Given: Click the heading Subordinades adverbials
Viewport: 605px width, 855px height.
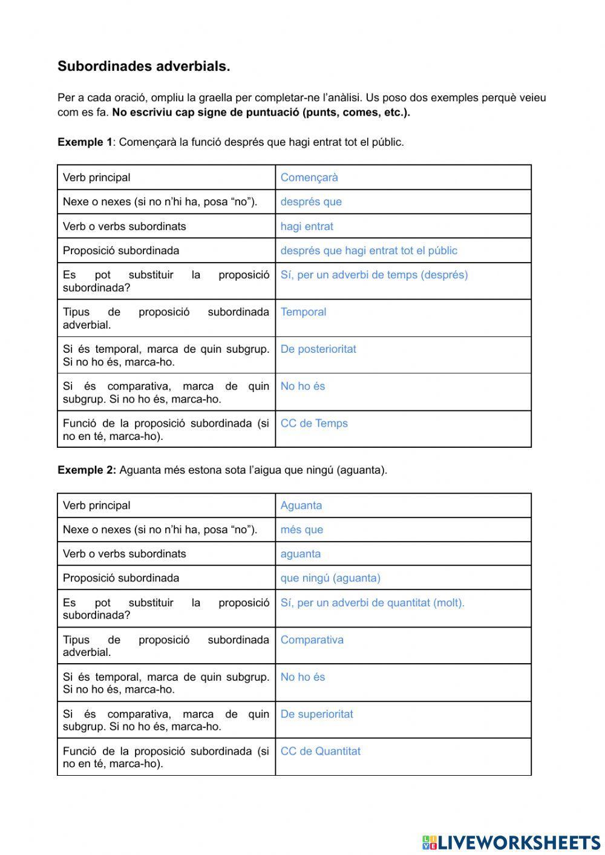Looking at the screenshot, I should tap(143, 67).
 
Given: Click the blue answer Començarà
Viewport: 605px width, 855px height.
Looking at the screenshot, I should tap(309, 177).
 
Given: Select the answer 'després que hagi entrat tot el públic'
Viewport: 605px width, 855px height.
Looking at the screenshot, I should tap(368, 251).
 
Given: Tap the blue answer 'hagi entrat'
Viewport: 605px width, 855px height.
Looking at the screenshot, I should tap(307, 226).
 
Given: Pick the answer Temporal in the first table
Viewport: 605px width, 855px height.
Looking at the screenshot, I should tap(303, 312).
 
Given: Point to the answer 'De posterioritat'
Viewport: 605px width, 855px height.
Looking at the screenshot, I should tap(318, 349).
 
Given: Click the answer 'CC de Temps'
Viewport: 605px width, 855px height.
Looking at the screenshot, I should tap(314, 424).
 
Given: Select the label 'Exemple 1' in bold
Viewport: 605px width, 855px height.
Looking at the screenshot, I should tap(85, 142).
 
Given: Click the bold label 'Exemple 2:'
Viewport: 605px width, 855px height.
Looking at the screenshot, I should tap(87, 470).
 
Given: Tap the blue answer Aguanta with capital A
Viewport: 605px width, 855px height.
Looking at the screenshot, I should tap(301, 505).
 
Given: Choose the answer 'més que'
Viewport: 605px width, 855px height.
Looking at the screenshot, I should tap(301, 529).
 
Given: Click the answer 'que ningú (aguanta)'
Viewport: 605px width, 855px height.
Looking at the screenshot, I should tap(330, 578).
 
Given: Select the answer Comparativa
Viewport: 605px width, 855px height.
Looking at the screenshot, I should tap(312, 640).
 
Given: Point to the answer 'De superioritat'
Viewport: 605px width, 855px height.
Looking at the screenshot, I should tap(316, 714).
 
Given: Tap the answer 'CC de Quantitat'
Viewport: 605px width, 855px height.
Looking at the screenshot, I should tap(320, 752).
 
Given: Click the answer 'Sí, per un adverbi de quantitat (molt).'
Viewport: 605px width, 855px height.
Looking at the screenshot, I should tap(372, 603).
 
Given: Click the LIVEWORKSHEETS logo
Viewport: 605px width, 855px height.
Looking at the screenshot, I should tap(511, 842).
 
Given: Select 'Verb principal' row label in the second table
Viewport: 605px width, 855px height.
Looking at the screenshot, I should tap(96, 505).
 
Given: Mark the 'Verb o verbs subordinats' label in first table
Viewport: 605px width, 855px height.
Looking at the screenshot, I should tap(124, 226).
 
